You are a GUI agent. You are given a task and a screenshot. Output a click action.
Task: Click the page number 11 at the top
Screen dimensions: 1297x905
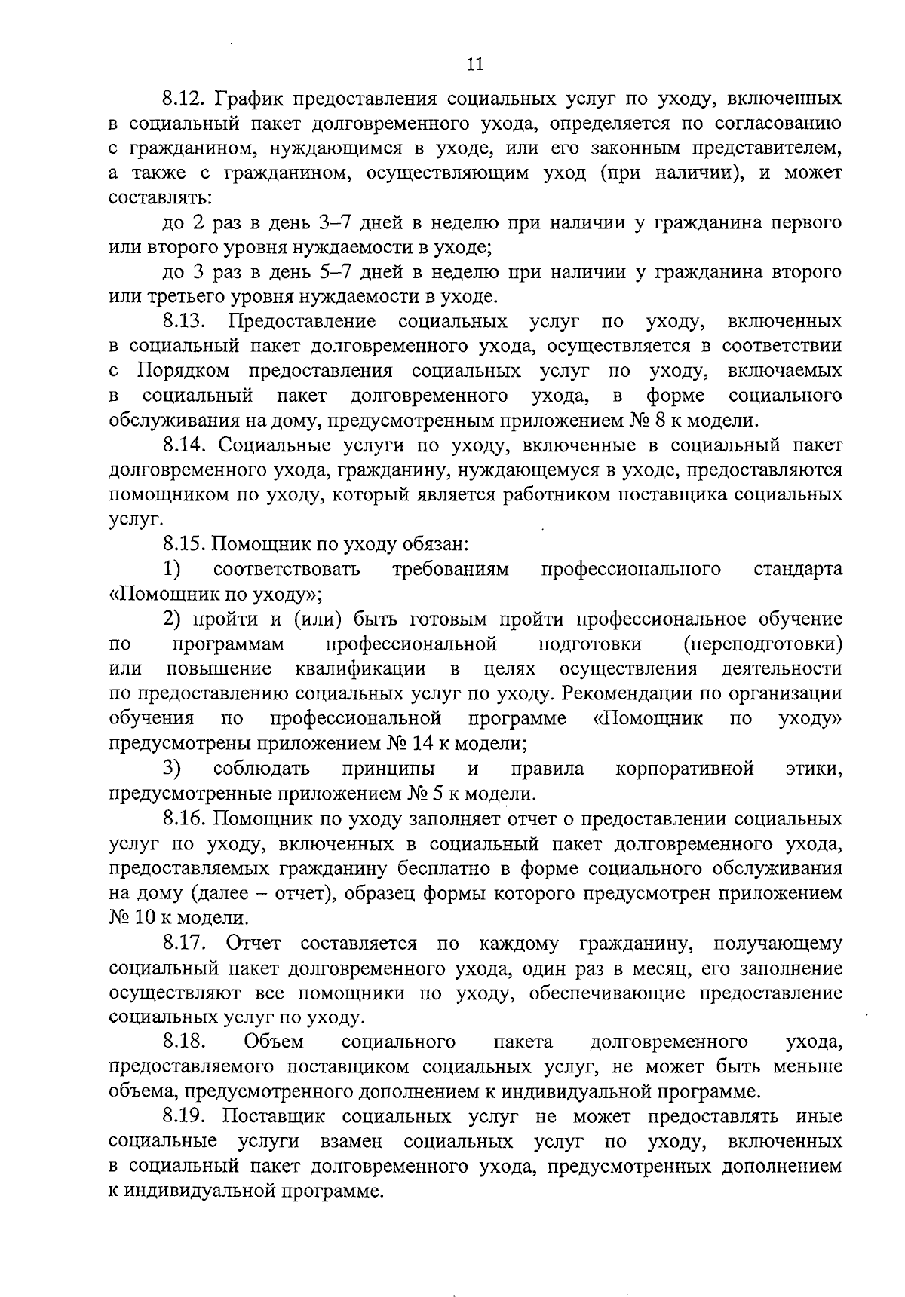[x=475, y=63]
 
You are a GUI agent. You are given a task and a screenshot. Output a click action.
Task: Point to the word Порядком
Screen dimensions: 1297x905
[x=184, y=372]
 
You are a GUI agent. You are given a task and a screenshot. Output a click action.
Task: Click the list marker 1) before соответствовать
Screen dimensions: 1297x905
[x=173, y=568]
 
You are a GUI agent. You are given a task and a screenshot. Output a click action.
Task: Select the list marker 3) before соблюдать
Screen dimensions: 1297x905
[x=173, y=769]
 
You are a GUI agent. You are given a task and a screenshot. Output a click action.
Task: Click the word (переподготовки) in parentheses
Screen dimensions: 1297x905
[x=762, y=644]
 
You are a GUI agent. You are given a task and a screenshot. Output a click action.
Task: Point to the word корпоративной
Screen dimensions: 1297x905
[x=685, y=769]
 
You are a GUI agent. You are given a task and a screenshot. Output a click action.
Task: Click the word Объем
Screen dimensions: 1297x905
[x=274, y=1042]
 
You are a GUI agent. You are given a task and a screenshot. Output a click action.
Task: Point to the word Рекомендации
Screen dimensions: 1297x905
[x=634, y=693]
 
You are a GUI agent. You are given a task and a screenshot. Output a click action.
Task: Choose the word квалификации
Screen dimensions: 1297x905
[x=360, y=668]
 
